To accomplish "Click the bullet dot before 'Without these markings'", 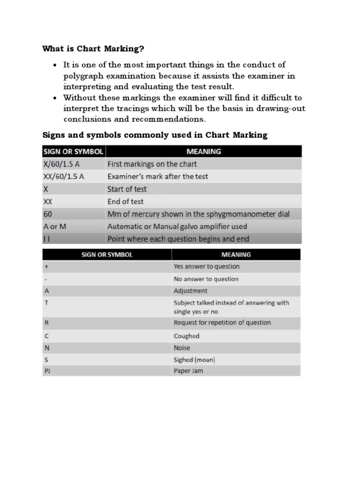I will point(55,98).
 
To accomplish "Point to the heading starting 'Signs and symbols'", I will point(155,135).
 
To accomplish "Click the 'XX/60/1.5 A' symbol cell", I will point(64,177).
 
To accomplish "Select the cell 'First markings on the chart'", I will point(152,164).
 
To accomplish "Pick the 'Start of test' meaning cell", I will point(127,189).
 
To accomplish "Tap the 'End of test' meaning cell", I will point(126,202).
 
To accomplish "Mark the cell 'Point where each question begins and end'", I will point(178,239).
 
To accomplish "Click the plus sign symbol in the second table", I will point(45,266).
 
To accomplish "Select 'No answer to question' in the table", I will point(206,279).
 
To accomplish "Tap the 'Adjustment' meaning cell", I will point(190,291).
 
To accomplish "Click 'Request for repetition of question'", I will point(222,322).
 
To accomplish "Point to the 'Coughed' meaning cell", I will point(186,336).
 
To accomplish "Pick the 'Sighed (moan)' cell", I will point(194,360).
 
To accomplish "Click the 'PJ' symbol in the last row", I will point(47,371).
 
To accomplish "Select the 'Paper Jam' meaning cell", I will point(188,371).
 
